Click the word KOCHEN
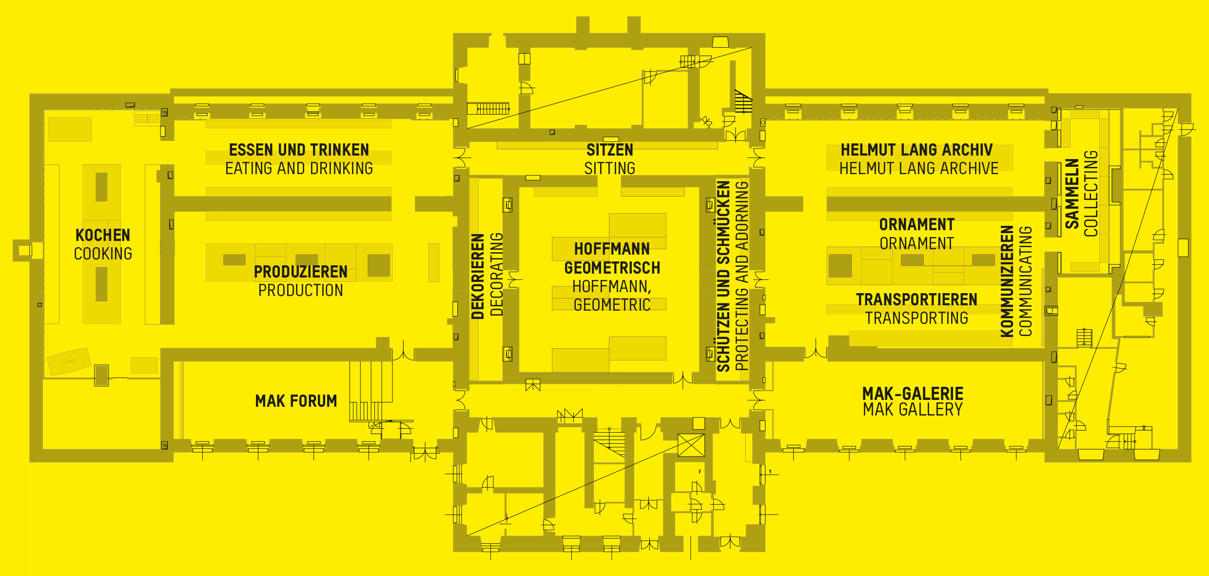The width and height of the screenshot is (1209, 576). [x=103, y=235]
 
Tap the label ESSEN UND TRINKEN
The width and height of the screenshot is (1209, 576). [x=299, y=150]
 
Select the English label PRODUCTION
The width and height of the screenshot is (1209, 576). [x=300, y=291]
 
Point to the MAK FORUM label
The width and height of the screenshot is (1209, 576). [x=296, y=401]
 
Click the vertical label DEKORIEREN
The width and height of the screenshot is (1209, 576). [x=478, y=276]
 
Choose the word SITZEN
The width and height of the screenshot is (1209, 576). [x=609, y=150]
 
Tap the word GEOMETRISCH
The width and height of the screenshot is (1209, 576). [x=612, y=268]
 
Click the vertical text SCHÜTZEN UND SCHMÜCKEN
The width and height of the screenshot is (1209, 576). [x=723, y=276]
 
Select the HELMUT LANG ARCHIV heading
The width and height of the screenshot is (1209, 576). [x=916, y=150]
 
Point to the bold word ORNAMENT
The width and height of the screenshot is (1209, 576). [x=916, y=224]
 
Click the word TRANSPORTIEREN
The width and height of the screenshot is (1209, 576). [x=916, y=299]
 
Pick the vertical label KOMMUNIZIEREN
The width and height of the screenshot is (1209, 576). [x=1007, y=281]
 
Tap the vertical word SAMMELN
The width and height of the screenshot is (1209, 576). [x=1072, y=194]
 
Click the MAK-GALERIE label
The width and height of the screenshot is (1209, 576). [x=913, y=393]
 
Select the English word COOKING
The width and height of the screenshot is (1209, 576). [x=103, y=254]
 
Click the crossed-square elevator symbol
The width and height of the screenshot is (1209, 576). [x=691, y=445]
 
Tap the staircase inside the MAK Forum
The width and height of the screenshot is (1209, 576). [x=370, y=390]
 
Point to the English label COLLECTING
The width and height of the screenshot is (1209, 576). [x=1091, y=194]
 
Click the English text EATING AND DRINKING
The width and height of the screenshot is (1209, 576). [x=299, y=168]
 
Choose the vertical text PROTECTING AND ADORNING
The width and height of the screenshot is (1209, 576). [x=741, y=276]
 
